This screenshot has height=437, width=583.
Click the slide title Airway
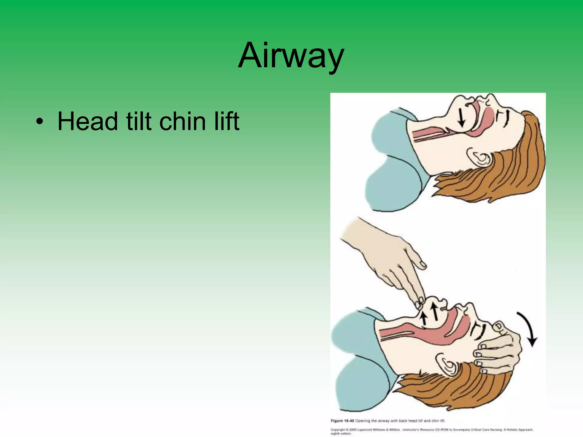291,56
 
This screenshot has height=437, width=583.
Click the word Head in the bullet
87,121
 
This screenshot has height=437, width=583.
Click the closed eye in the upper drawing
504,118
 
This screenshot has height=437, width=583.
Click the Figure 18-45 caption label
342,421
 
